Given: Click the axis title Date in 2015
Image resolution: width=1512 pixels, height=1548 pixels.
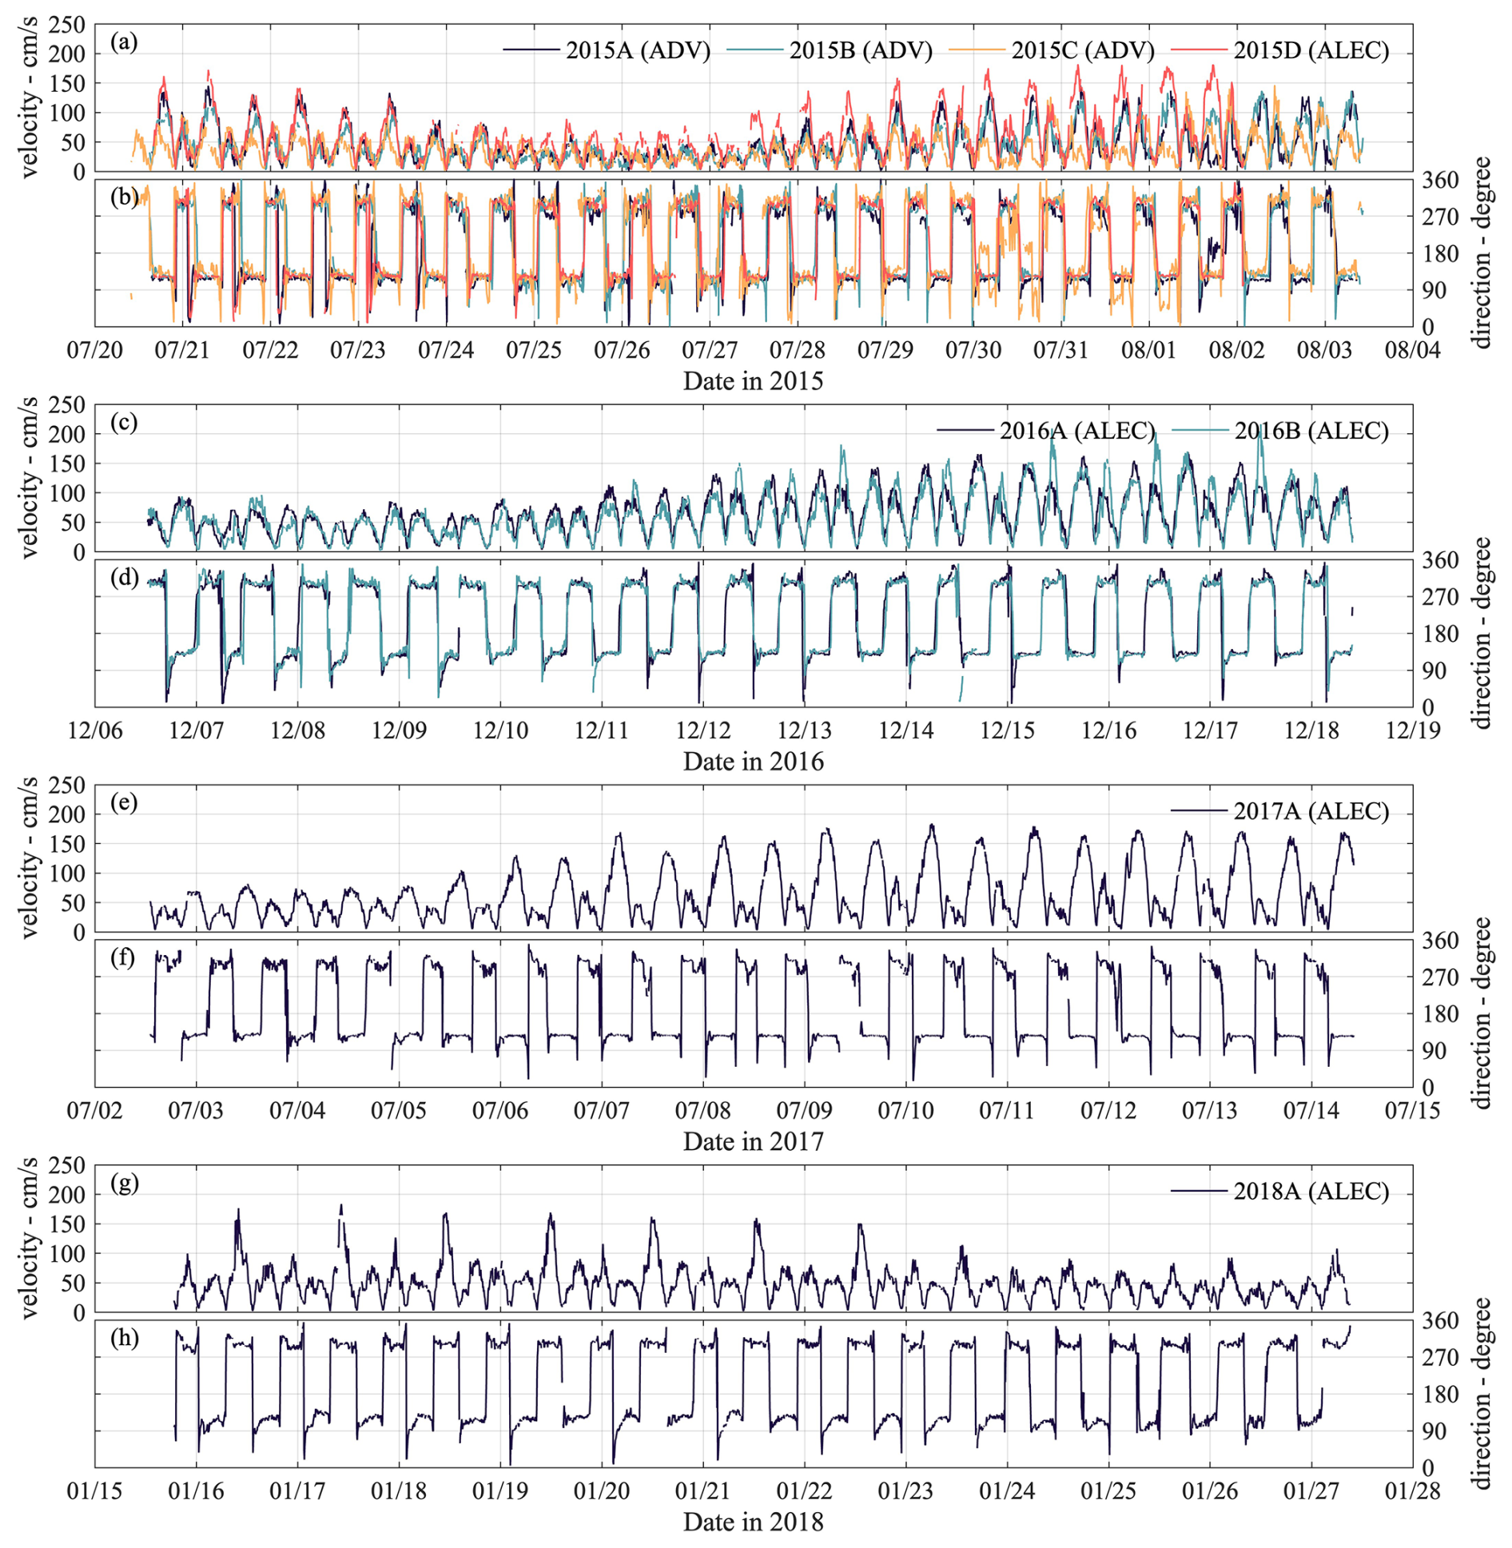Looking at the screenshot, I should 753,381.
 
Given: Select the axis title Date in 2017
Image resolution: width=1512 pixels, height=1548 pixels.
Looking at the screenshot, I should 753,1141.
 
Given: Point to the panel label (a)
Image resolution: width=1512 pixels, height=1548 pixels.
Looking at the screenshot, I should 124,42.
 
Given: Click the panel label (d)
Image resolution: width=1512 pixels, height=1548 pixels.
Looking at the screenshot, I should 124,577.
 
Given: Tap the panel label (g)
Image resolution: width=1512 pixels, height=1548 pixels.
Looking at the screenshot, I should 124,1182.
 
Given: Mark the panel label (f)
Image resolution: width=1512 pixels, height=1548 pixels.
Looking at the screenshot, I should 123,957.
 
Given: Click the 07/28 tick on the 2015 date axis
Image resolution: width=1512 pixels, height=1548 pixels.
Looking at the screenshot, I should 797,350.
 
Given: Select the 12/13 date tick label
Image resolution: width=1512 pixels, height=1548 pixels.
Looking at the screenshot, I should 805,730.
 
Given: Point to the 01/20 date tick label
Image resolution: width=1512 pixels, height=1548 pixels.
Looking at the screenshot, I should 601,1491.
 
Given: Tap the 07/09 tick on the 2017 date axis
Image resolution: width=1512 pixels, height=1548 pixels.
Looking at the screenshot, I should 804,1111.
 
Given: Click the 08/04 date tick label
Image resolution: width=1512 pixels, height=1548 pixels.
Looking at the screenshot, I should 1413,350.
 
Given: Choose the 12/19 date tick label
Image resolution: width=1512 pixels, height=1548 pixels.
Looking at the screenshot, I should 1413,730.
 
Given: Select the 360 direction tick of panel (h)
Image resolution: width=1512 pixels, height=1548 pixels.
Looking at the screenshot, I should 1440,1322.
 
